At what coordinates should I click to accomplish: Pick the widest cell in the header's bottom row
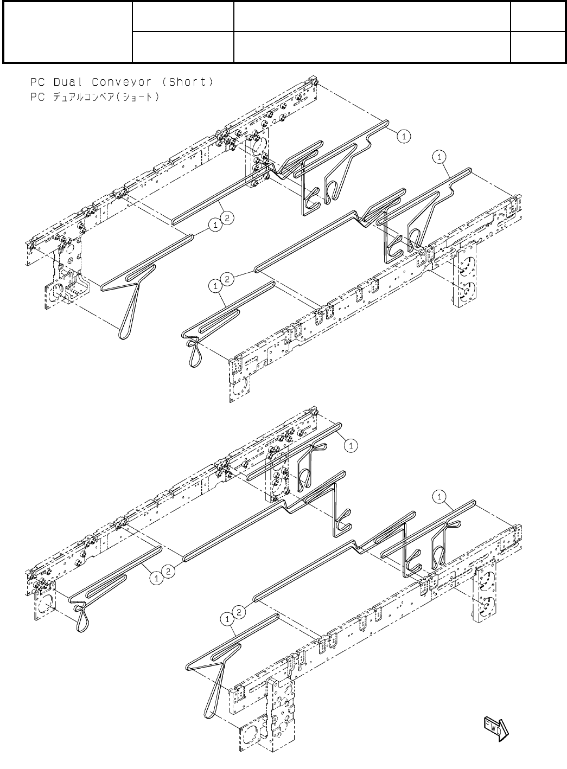tap(372, 47)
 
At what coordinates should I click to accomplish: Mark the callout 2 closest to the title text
tap(228, 218)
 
